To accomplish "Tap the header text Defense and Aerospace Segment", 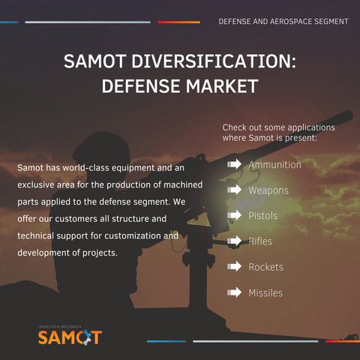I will [x=283, y=22].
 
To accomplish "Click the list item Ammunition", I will [x=274, y=164].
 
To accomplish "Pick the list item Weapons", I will [x=268, y=190].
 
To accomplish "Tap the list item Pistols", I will [x=262, y=216].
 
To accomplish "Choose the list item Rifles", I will [x=260, y=241].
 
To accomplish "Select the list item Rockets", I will [x=265, y=267].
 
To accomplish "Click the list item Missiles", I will [x=265, y=292].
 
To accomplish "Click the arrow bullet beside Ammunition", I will [x=235, y=164].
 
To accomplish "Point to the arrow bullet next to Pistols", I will [x=235, y=216].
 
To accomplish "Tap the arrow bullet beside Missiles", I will [x=235, y=292].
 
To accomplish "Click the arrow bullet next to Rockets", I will [x=235, y=267].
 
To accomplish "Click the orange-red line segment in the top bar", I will [x=178, y=22].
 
